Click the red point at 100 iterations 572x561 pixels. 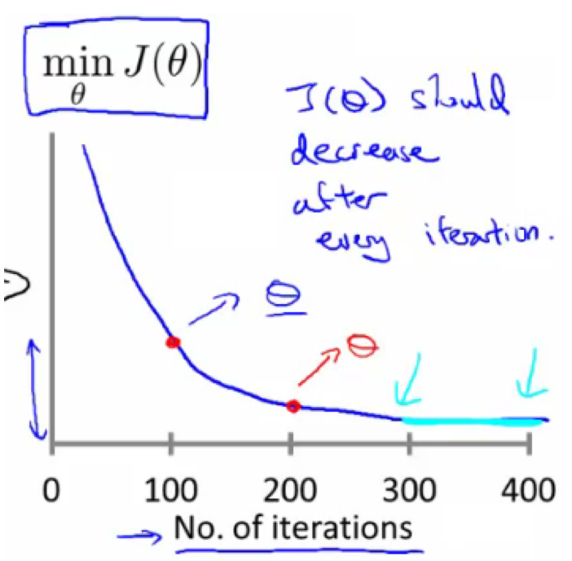tap(172, 342)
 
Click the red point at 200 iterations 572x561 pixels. tap(293, 405)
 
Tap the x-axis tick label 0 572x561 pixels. tap(51, 491)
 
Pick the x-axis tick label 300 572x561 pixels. tap(411, 491)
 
